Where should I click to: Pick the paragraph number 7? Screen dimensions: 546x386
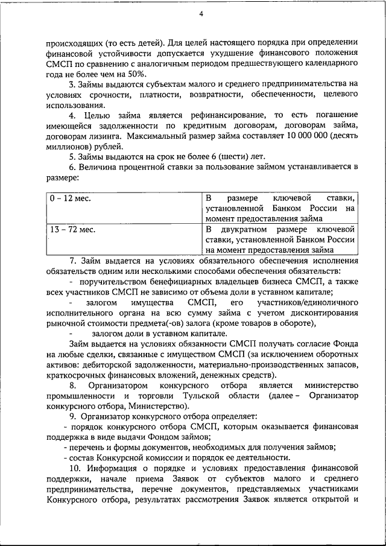pyautogui.click(x=72, y=261)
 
